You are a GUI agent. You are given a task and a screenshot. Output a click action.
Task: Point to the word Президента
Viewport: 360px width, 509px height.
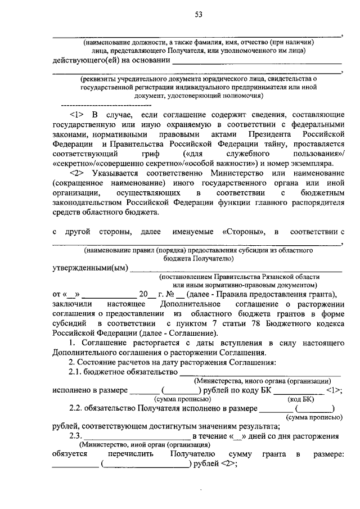272,135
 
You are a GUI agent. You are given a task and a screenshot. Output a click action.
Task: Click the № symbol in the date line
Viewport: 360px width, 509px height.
170,294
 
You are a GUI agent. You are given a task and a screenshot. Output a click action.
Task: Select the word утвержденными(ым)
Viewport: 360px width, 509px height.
90,267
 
